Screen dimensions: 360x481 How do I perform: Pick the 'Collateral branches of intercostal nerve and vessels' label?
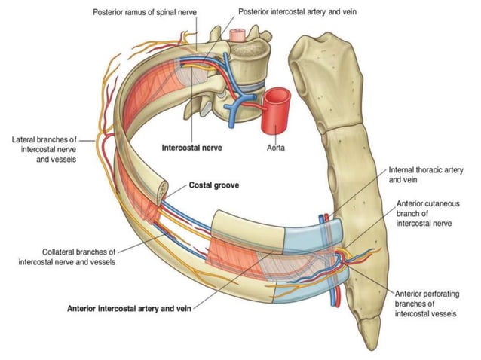click(67, 256)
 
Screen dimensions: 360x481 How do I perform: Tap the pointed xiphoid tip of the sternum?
click(370, 332)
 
